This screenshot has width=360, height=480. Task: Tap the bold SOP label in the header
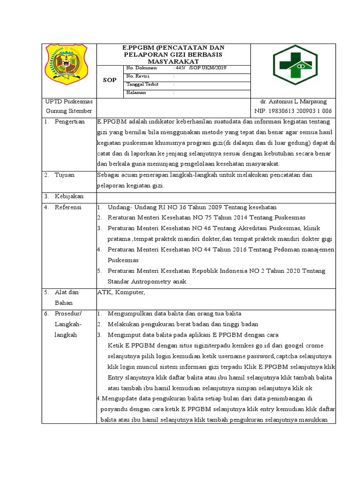click(110, 80)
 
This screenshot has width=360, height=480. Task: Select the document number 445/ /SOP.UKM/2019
click(201, 68)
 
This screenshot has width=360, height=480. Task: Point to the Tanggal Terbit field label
click(142, 84)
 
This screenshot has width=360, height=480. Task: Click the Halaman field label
click(136, 92)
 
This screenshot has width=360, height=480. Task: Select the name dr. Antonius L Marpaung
click(293, 102)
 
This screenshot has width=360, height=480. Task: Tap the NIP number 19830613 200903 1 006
click(293, 111)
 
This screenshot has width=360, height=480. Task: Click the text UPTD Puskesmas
click(68, 102)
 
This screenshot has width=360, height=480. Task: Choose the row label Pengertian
click(70, 122)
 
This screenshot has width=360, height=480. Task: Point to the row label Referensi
click(68, 207)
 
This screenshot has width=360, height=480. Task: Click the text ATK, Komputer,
click(121, 292)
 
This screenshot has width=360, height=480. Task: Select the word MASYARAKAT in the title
click(173, 61)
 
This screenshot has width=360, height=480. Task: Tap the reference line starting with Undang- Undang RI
click(192, 207)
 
